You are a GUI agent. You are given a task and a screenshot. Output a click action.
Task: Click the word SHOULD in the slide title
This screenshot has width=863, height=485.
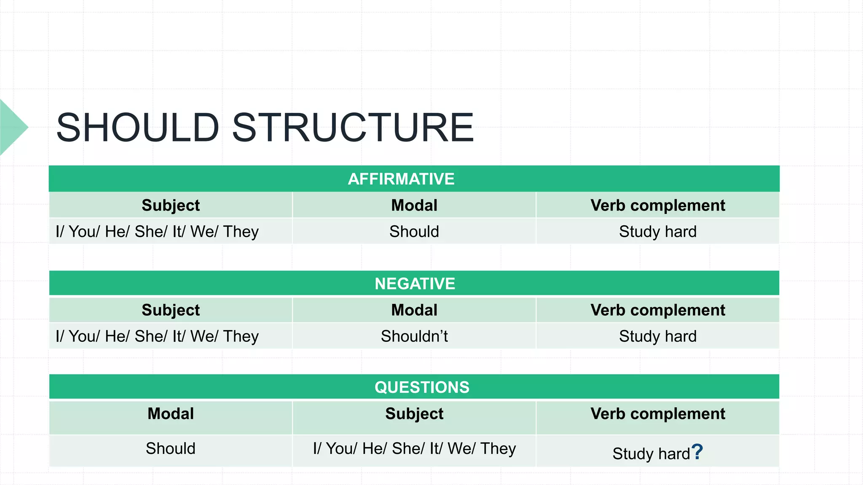[x=137, y=127]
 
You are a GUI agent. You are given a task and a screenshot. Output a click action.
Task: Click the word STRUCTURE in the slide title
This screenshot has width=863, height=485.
[x=353, y=127]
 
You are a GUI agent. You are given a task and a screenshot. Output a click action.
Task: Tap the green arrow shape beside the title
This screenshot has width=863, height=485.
[x=13, y=127]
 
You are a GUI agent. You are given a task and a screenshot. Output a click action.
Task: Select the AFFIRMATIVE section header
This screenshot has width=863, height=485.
[x=401, y=179]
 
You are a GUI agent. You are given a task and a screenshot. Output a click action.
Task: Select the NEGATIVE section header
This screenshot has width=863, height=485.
[x=415, y=283]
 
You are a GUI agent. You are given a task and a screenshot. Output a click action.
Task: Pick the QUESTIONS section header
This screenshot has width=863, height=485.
[x=422, y=387]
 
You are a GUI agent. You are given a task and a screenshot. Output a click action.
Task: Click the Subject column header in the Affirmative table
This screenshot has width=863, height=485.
[x=171, y=205]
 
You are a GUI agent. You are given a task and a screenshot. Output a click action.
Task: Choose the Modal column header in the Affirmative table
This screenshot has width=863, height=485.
[x=414, y=205]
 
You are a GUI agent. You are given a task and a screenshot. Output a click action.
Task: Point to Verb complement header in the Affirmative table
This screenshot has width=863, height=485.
[x=658, y=205]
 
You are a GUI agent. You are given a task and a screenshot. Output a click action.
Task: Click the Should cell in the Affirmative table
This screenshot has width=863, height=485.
[x=414, y=232]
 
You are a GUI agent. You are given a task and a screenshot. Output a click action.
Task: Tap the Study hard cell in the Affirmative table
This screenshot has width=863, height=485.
[x=658, y=232]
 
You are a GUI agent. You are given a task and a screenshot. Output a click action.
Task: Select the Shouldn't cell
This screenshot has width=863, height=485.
[x=414, y=336]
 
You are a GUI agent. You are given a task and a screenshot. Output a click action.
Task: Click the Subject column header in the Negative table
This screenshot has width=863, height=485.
[x=171, y=310]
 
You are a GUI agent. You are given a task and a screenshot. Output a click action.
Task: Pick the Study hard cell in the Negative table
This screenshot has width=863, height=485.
[x=658, y=336]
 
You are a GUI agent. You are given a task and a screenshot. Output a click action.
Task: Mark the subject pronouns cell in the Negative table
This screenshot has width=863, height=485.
[x=157, y=336]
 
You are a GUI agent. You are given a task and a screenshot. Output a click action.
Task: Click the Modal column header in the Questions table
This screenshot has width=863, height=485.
[x=171, y=414]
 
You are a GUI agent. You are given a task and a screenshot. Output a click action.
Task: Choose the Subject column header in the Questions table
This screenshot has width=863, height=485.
[x=414, y=414]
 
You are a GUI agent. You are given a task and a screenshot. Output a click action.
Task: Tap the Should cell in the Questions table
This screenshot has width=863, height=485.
[x=171, y=449]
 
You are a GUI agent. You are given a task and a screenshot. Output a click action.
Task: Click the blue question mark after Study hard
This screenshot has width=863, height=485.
[x=697, y=452]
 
